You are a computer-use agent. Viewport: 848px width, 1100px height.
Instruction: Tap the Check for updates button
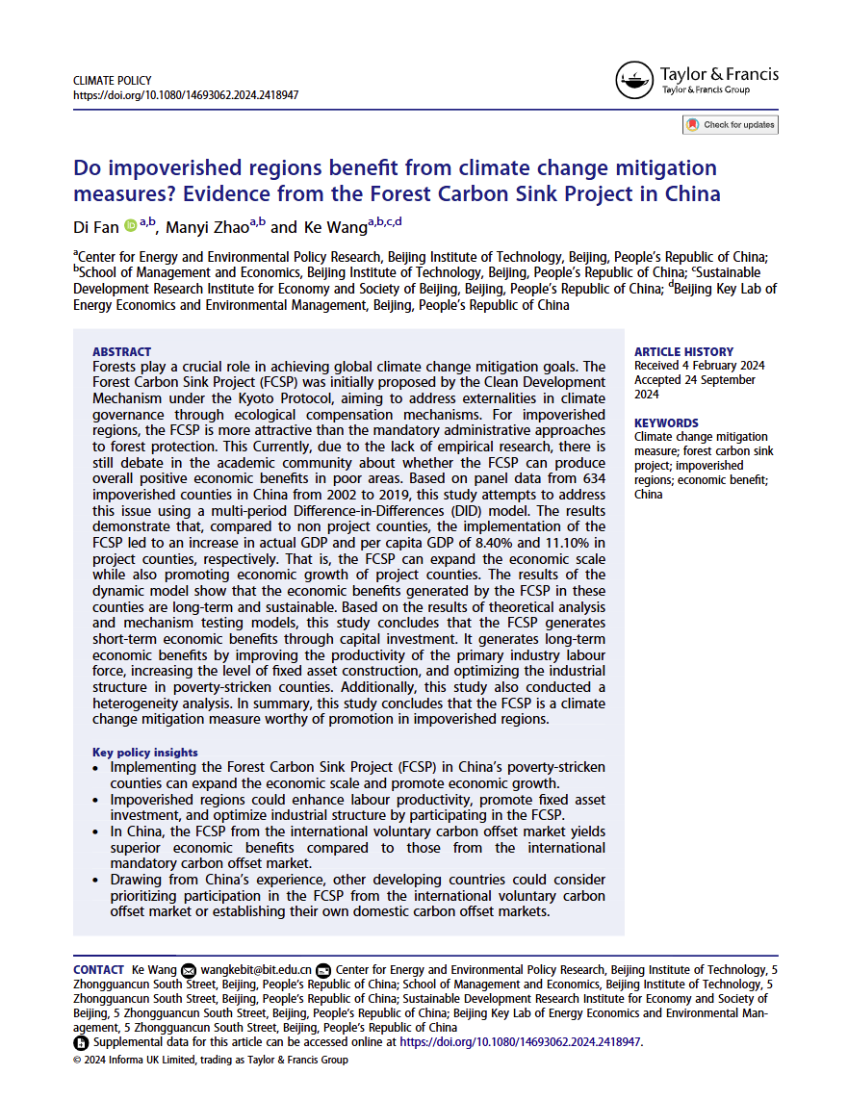730,125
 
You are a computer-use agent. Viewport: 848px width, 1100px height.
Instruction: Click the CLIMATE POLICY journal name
113,81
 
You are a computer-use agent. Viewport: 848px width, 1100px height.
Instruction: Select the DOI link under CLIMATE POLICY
186,95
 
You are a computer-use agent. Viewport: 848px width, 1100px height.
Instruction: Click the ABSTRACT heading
121,352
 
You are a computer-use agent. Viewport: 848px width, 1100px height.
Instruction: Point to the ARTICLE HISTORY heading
683,352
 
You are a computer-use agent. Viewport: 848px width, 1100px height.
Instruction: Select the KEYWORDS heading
666,423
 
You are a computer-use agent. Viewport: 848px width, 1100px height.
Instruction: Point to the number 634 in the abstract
587,478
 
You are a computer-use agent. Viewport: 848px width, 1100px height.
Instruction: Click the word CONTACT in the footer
98,970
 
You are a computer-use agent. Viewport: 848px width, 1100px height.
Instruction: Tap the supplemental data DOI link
520,1042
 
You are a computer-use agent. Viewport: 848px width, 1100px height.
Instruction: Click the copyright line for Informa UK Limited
211,1060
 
